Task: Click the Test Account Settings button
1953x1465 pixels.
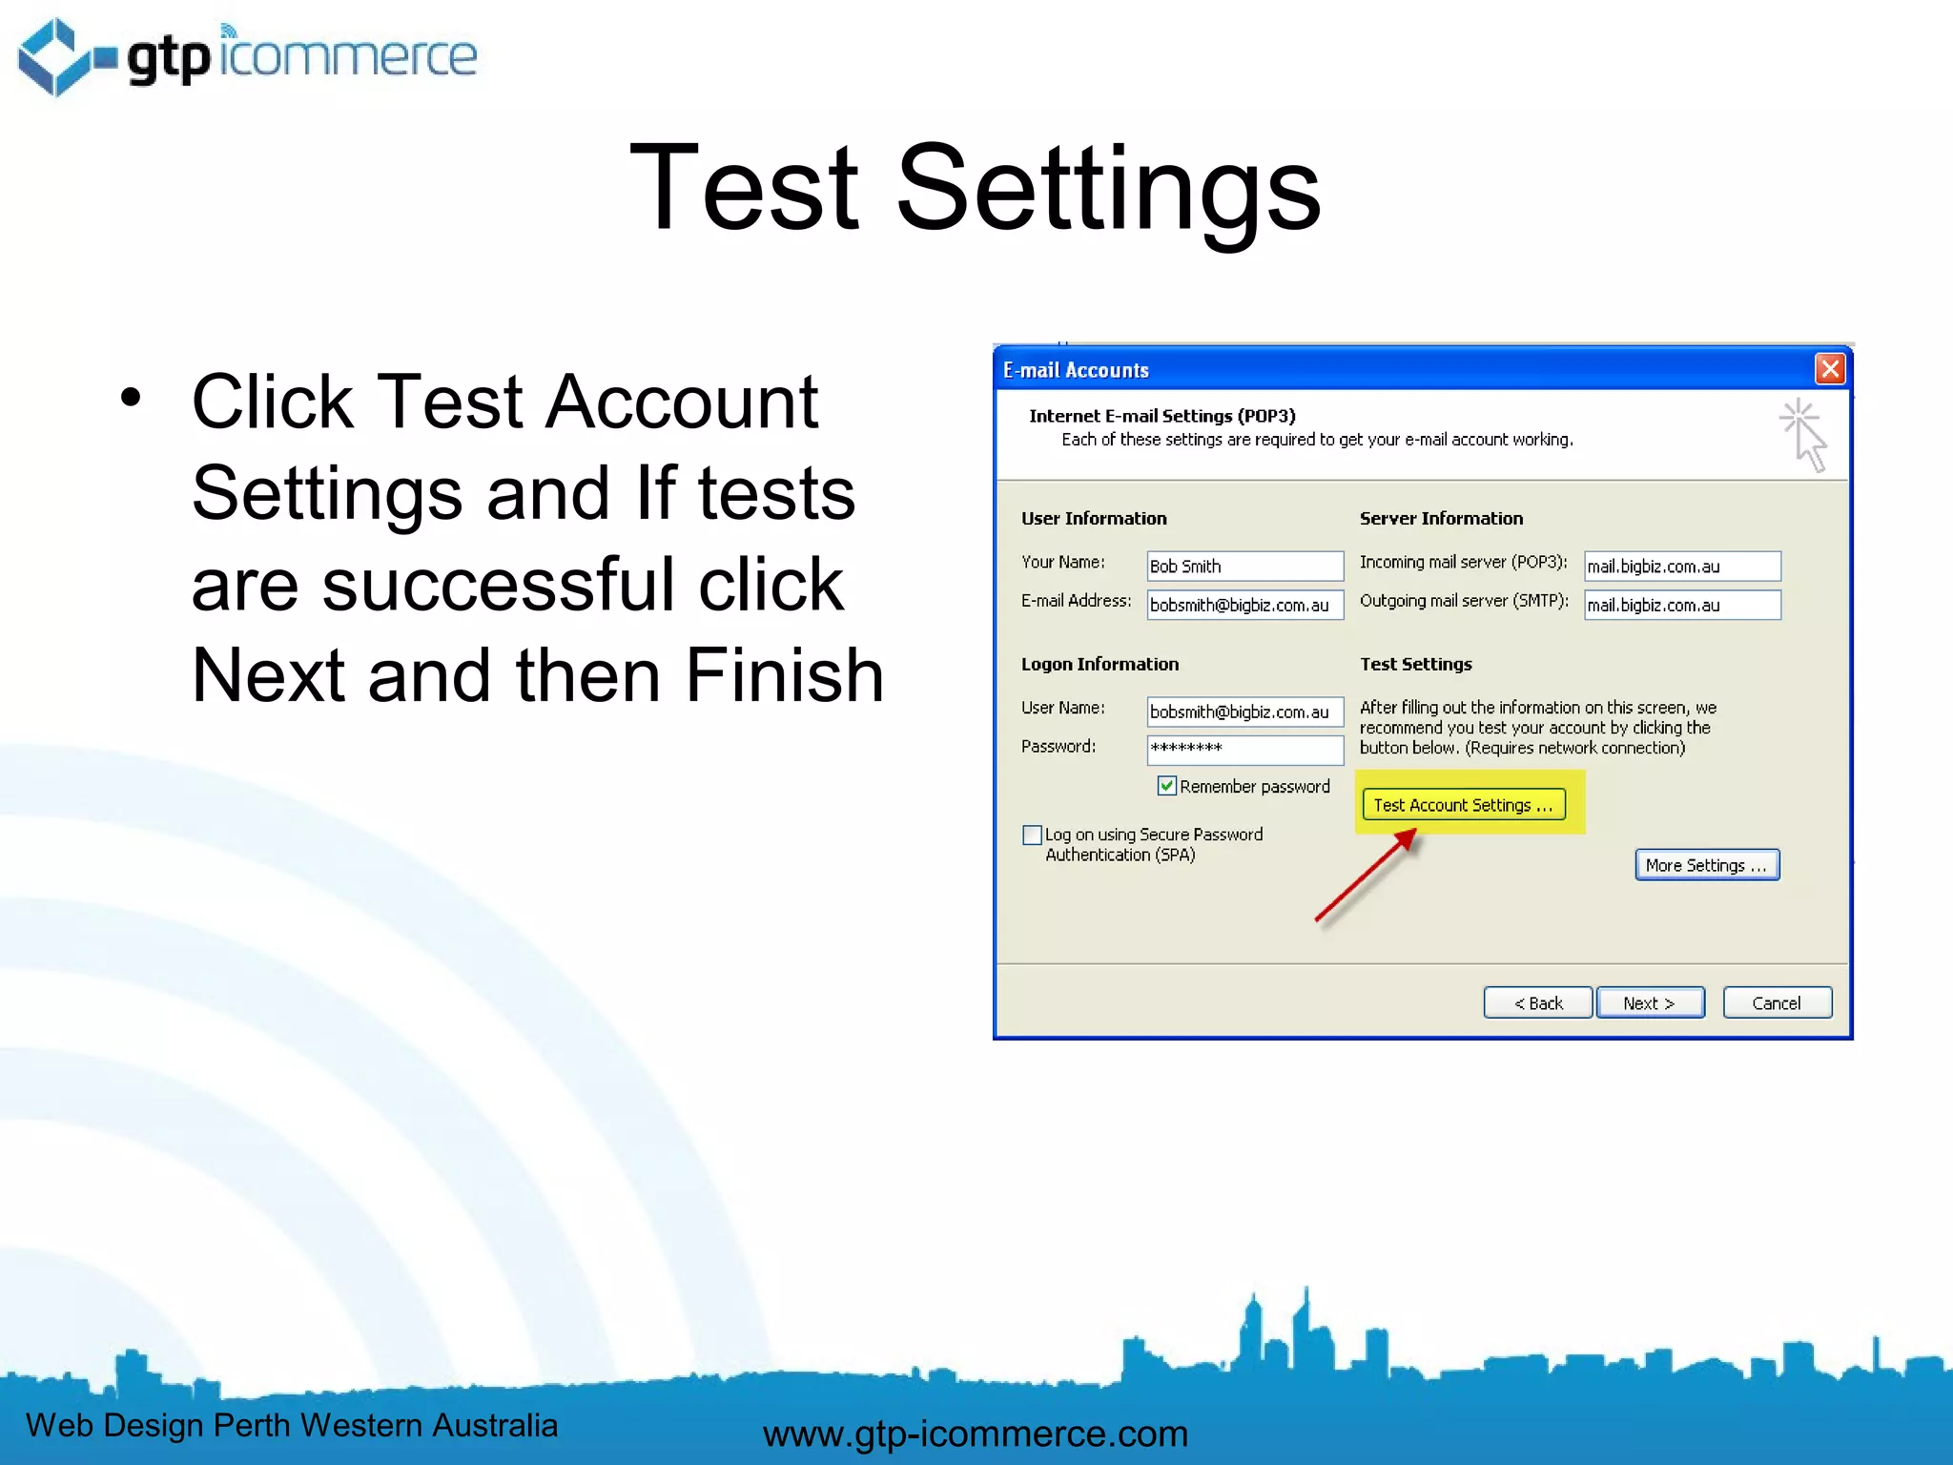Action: [x=1464, y=805]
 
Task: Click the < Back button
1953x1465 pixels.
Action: [x=1537, y=1003]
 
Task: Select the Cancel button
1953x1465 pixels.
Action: [x=1777, y=1003]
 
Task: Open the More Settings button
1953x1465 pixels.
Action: [x=1707, y=865]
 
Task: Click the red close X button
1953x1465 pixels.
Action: [x=1830, y=369]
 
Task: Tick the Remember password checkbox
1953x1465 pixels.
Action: [x=1166, y=786]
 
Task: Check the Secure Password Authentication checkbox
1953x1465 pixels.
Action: [x=1032, y=836]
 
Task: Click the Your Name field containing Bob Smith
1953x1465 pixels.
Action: [x=1244, y=566]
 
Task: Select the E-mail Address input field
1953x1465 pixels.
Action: [x=1244, y=605]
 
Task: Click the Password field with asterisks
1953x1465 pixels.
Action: [x=1244, y=749]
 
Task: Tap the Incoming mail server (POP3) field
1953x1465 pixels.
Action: [x=1682, y=566]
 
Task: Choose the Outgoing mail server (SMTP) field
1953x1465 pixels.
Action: [x=1682, y=605]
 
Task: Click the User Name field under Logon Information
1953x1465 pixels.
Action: [x=1244, y=712]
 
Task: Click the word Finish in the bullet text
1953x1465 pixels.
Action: [x=784, y=676]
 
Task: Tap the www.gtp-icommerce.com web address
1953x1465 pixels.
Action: [x=976, y=1434]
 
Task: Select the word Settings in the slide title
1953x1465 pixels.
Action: [x=1108, y=188]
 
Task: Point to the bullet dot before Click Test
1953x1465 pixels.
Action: [x=131, y=398]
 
